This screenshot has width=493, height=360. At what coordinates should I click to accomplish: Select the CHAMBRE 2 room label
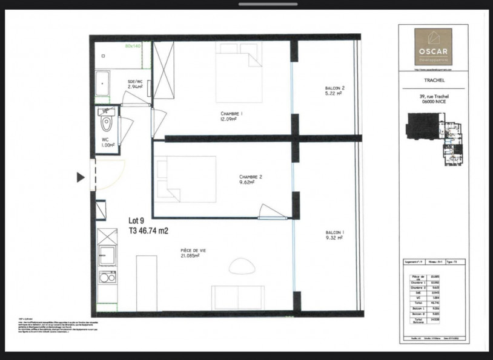tap(250, 179)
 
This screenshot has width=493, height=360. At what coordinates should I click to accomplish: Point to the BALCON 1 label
tap(333, 236)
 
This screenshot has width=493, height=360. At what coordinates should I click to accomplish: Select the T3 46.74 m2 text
tap(148, 231)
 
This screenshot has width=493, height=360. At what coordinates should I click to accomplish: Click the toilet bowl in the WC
tap(107, 123)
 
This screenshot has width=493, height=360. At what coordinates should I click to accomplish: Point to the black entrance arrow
tap(81, 177)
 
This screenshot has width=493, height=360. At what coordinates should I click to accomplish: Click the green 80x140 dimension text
tap(133, 46)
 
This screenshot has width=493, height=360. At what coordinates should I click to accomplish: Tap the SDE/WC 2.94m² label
tap(134, 84)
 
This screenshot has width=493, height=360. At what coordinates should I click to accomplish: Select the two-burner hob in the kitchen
tap(107, 278)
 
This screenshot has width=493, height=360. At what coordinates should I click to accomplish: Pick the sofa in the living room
tap(237, 298)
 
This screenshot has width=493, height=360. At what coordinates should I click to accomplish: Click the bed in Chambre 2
tap(185, 178)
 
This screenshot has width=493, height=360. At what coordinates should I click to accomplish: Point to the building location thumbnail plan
tap(432, 139)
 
